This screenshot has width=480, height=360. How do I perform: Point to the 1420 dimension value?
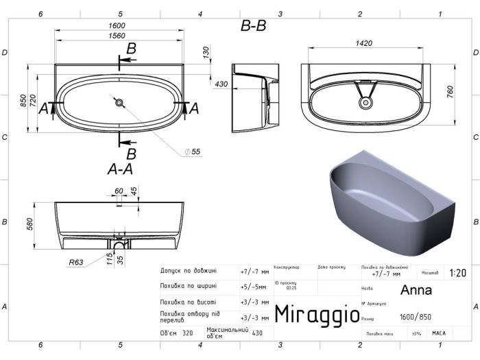(363, 43)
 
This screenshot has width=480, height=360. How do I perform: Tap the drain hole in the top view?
(120, 103)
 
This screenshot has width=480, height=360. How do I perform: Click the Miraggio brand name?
(317, 314)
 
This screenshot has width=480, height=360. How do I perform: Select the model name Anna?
(416, 289)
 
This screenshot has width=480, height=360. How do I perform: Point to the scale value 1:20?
(457, 272)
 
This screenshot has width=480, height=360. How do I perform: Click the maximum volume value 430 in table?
(257, 333)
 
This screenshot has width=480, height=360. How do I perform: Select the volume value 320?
(187, 333)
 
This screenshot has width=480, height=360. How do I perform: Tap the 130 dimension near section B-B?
(205, 53)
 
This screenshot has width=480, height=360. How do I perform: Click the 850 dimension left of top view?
(23, 103)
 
